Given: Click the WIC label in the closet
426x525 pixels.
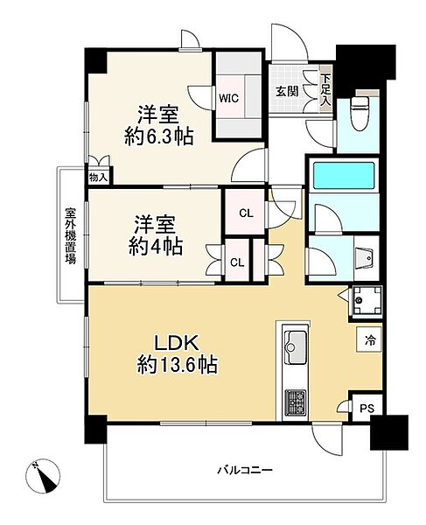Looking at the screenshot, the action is pos(229,98).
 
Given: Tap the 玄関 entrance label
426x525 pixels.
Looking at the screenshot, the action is pos(287,91).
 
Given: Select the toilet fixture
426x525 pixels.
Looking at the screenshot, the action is pos(360,113).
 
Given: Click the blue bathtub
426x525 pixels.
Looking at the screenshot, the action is pos(344,176).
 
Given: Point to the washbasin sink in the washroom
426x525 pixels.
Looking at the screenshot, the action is pos(365,257).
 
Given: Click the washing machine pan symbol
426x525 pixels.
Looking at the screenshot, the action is pos(366,299).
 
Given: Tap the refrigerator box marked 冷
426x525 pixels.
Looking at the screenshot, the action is pos(369,339).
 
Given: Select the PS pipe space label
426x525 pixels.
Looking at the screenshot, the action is pos(367,409).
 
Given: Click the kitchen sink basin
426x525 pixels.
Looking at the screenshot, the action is pos(295,347).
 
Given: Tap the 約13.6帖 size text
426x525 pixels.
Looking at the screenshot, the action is pos(178,365).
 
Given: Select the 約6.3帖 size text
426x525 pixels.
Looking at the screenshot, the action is pos(159,136).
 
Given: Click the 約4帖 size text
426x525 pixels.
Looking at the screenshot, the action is pos(156,247).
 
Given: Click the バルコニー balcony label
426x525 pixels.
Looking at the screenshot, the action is pos(245,471).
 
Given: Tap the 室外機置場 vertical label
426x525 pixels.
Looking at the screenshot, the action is pos(70,236).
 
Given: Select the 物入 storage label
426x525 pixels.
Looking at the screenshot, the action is pos(98,178).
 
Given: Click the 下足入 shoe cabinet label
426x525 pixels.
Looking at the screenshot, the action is pos(325,91).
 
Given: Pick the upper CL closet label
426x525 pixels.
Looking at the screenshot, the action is pos(247,213).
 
